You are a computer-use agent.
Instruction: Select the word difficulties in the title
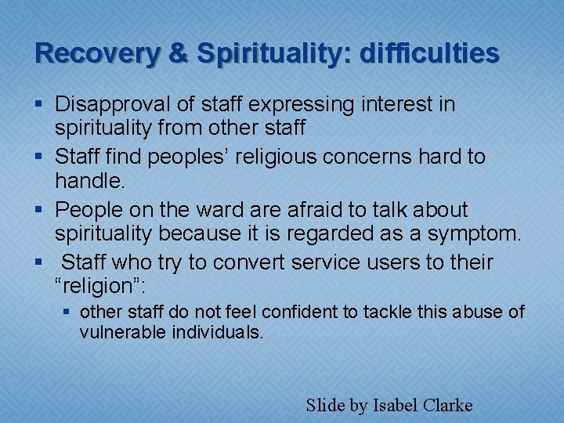pyautogui.click(x=428, y=53)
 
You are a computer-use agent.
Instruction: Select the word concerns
pyautogui.click(x=384, y=157)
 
